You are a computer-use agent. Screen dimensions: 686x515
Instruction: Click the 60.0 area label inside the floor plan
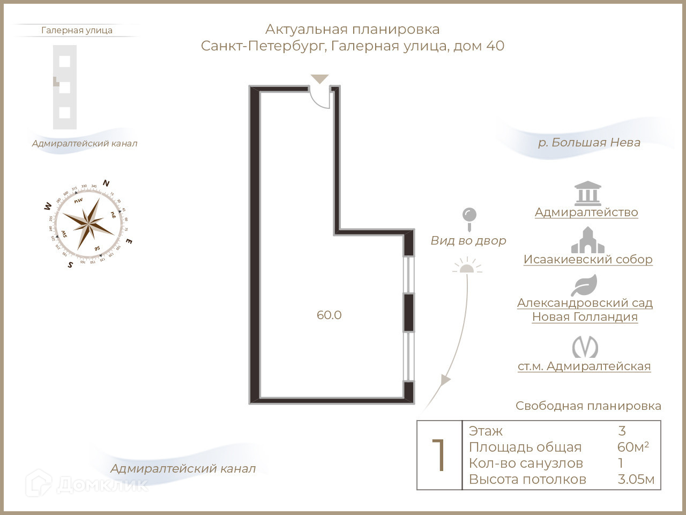[329, 315]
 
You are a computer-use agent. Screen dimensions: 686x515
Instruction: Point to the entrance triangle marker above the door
[320, 79]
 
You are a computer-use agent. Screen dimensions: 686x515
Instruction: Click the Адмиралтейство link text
[586, 212]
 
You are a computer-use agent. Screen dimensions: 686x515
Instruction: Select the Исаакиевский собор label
[588, 260]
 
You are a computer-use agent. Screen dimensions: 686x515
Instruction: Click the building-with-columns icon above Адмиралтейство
[587, 194]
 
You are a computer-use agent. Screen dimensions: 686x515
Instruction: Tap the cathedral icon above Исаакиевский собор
[587, 240]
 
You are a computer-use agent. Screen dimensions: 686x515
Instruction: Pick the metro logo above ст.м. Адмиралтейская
[585, 347]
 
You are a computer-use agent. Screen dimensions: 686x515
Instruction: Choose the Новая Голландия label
[585, 317]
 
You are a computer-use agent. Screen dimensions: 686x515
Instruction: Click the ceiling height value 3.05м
[636, 480]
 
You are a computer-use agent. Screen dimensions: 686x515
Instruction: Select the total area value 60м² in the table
[633, 447]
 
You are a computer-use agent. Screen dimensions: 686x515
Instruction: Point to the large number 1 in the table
[439, 455]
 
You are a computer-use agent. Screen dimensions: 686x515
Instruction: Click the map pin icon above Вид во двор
[469, 218]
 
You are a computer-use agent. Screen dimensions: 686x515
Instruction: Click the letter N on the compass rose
[106, 183]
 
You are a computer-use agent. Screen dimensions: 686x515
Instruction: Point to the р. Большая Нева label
[589, 143]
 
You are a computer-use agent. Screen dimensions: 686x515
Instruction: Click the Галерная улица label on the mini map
[77, 31]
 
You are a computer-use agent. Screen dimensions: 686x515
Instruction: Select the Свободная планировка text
[588, 406]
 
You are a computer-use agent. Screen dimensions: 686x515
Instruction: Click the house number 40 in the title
[495, 46]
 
